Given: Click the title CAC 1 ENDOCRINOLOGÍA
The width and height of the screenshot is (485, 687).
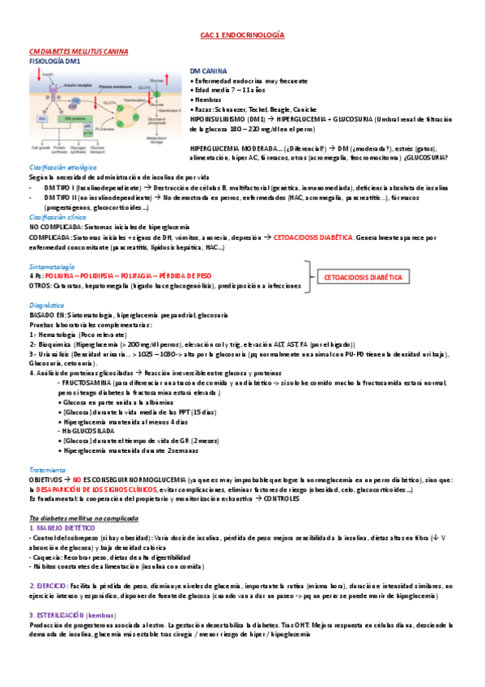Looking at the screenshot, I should pos(242,36).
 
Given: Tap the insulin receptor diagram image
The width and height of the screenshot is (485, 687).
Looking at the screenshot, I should pos(102,109).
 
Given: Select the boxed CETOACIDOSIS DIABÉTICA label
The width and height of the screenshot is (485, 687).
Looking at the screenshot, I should pos(363,277).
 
